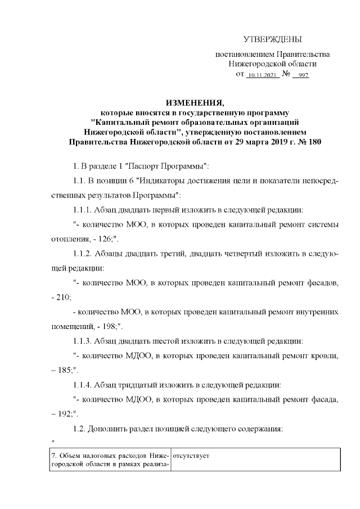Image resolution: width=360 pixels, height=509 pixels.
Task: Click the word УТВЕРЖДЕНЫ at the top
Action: point(273,39)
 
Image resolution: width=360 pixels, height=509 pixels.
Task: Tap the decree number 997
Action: point(304,75)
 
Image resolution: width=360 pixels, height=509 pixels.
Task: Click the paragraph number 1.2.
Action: point(82,429)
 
